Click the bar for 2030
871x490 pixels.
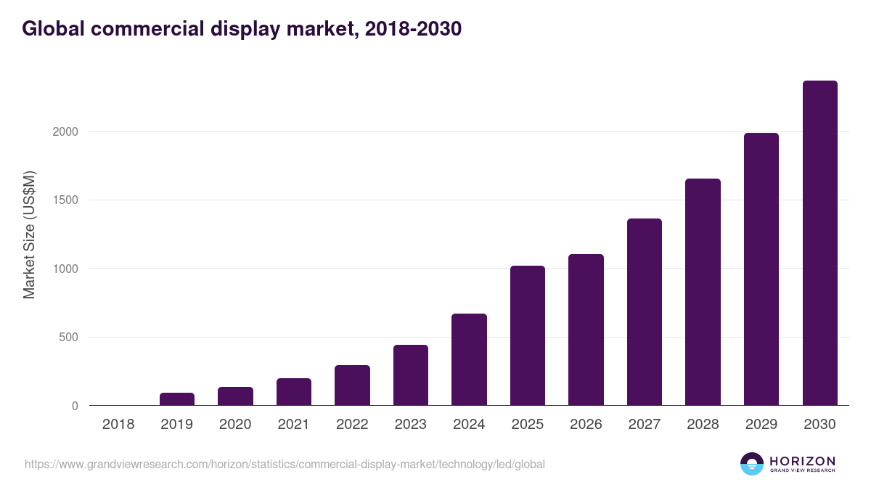pos(819,243)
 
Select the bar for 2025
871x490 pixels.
pos(527,335)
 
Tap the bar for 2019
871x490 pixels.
pos(177,399)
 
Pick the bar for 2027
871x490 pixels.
pos(644,312)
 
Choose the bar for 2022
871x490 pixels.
pos(352,385)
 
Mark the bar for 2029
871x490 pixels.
pos(761,269)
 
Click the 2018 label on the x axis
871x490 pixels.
pos(118,425)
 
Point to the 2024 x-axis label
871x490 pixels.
pos(469,425)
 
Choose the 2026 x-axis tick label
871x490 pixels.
pos(586,425)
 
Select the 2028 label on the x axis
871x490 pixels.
pos(703,425)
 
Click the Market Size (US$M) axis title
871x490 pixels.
pos(29,234)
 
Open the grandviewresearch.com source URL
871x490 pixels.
pos(285,464)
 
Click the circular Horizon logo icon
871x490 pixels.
pos(752,464)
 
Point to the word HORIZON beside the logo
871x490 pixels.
pos(802,461)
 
